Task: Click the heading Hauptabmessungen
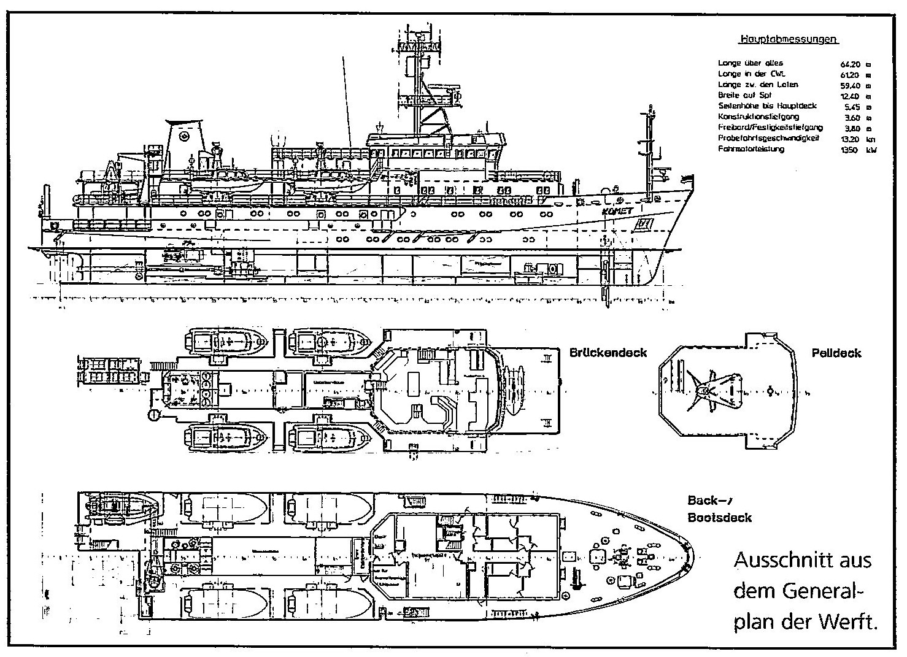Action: (789, 39)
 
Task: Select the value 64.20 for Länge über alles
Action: (848, 63)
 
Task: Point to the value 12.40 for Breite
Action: (848, 96)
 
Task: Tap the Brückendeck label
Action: (608, 353)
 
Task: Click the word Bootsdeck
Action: (719, 518)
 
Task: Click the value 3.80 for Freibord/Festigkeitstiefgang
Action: (849, 128)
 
